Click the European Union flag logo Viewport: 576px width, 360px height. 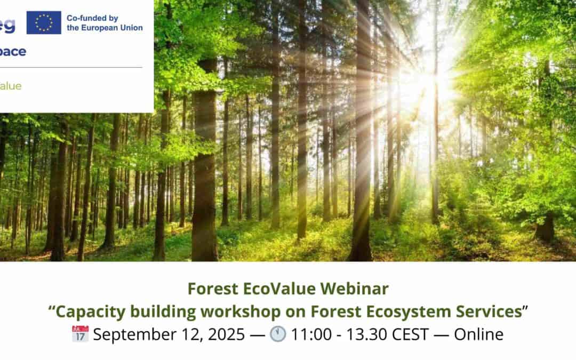click(x=44, y=22)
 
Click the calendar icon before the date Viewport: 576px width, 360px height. click(x=80, y=334)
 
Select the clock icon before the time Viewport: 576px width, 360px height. click(x=277, y=334)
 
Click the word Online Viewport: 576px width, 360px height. click(x=478, y=334)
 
